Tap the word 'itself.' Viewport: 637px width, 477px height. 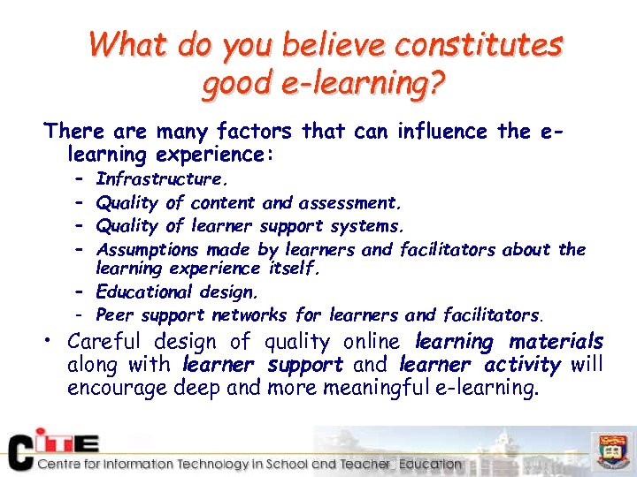tap(293, 268)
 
